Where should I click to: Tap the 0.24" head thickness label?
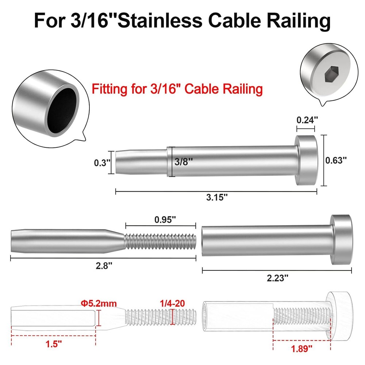pos(306,120)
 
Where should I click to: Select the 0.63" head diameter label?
pos(335,160)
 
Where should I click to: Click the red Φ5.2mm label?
pos(97,303)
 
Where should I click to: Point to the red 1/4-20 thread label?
pos(173,303)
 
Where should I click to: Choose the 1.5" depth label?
pos(53,343)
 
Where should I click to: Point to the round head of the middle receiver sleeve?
pos(342,239)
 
